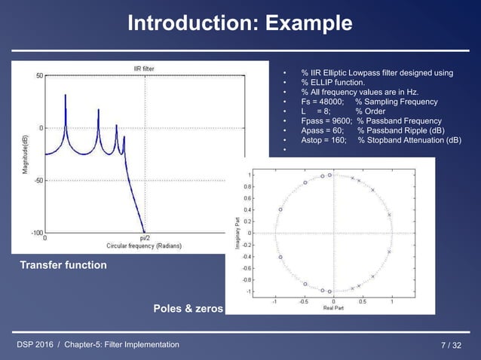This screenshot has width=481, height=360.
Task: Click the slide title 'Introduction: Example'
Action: tap(240, 23)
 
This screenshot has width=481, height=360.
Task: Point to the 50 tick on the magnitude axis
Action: tap(38, 75)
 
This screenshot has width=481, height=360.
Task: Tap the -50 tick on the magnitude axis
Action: tap(37, 181)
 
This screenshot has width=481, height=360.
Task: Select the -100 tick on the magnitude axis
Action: tap(35, 233)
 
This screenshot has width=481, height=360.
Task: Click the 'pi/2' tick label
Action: tap(145, 239)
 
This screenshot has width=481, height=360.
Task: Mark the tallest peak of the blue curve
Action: tap(66, 95)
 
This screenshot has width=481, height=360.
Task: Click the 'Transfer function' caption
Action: tap(63, 265)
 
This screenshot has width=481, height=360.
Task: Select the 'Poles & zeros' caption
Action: tap(188, 309)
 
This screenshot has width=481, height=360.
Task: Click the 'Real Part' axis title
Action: tap(332, 307)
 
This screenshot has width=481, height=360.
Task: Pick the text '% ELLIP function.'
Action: tap(332, 82)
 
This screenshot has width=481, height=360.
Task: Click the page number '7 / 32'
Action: tap(454, 345)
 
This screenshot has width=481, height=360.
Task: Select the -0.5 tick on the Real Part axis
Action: tap(303, 301)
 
